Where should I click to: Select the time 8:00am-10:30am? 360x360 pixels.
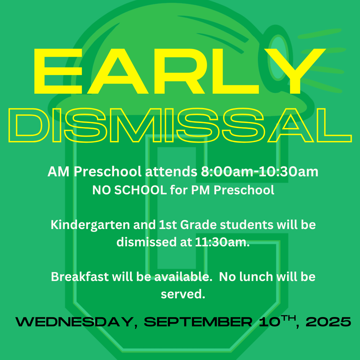(260, 172)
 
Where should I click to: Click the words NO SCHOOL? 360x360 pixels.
(129, 190)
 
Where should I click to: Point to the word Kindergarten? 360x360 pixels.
(90, 225)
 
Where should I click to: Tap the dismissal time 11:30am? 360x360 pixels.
(222, 242)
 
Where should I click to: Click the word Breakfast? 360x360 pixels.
(80, 276)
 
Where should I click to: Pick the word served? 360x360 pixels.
(183, 294)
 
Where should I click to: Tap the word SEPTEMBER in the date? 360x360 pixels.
(198, 322)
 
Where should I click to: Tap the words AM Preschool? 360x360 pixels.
(94, 172)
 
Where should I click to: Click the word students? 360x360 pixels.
(247, 225)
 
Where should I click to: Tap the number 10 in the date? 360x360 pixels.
(270, 322)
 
